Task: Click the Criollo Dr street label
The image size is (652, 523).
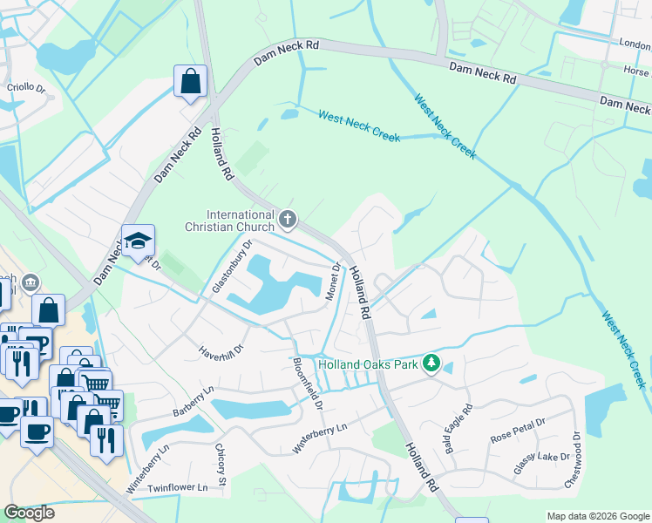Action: (x=26, y=87)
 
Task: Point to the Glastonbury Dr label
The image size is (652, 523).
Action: (x=231, y=267)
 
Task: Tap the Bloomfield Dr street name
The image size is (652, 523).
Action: (x=308, y=384)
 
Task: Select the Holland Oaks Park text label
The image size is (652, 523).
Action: (x=368, y=364)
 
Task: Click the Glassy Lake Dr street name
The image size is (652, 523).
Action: (x=541, y=457)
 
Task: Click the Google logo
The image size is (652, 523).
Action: (x=30, y=513)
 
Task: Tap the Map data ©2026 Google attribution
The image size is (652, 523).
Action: (x=598, y=516)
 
